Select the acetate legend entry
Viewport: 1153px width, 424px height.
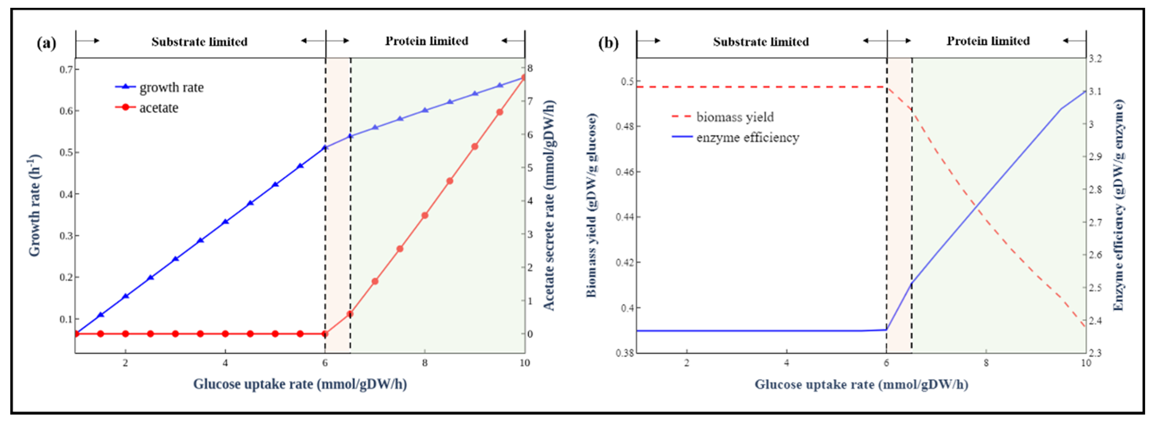158,108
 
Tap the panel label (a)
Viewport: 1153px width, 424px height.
47,43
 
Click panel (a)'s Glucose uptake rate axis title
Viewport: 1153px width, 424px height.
300,384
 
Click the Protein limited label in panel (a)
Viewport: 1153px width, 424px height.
426,41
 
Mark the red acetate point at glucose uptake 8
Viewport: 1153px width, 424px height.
425,215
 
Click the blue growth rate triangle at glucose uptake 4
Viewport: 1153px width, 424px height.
226,221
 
